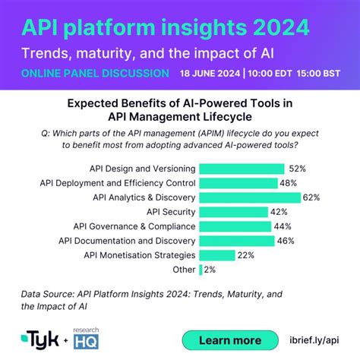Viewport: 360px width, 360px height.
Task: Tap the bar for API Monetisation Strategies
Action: pyautogui.click(x=216, y=255)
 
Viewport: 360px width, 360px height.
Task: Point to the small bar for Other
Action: pyautogui.click(x=201, y=270)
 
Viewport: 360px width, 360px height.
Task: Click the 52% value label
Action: pyautogui.click(x=297, y=169)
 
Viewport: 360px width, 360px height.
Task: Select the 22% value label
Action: pyautogui.click(x=245, y=255)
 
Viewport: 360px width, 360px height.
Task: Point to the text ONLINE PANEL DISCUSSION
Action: pyautogui.click(x=95, y=74)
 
